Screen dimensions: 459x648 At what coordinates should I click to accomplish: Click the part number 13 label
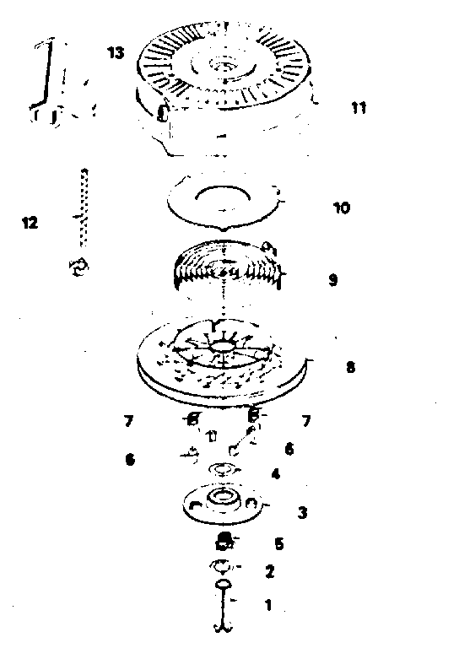tap(116, 52)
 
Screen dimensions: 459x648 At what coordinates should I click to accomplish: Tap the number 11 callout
tap(359, 108)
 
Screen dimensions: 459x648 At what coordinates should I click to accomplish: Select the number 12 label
tap(30, 223)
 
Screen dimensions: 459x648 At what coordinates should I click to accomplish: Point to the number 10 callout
tap(341, 208)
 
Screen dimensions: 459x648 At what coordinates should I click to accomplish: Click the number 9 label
tap(333, 280)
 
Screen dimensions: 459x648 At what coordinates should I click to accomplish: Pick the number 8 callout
tap(350, 367)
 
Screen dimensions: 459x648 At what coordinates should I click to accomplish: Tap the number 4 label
tap(276, 473)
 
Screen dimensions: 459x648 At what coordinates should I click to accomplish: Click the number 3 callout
tap(302, 513)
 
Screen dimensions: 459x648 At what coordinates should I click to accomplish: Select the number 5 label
tap(279, 543)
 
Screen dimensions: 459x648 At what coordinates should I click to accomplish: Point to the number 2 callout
tap(269, 571)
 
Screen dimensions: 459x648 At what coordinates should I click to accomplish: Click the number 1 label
tap(268, 605)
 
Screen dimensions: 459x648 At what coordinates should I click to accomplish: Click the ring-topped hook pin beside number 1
tap(224, 607)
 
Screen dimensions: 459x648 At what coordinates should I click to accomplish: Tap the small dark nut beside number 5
tap(224, 542)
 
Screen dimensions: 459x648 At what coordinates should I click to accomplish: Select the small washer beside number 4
tap(224, 469)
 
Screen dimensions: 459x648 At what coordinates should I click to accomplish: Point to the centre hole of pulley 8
tap(223, 345)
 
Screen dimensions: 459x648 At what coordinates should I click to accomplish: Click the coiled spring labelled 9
tap(228, 264)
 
